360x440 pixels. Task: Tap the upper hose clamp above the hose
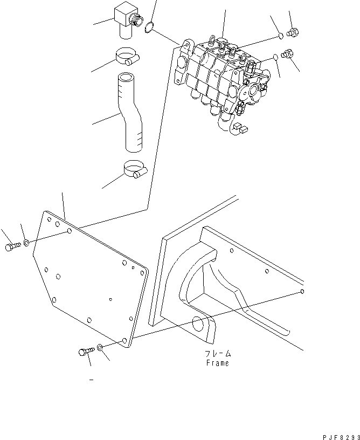127,57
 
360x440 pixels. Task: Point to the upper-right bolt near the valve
294,32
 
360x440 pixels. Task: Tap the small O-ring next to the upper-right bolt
281,36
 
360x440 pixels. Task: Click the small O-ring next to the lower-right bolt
274,57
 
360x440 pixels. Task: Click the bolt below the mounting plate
86,352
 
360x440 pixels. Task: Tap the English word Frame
217,363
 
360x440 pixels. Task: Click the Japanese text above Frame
217,354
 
